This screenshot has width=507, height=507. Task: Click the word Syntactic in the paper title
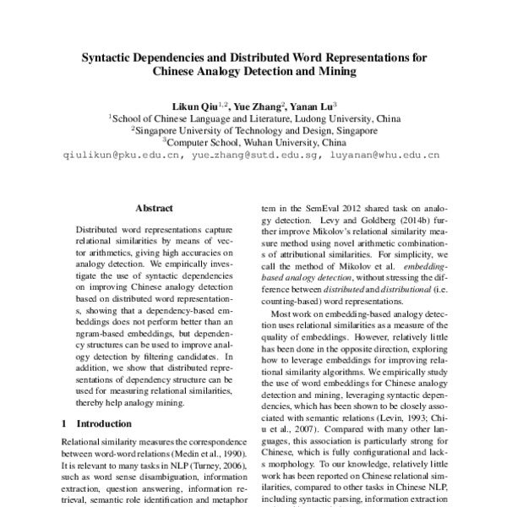click(106, 58)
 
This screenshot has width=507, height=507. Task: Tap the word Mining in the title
click(334, 73)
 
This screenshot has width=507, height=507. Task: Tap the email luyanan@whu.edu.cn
click(384, 156)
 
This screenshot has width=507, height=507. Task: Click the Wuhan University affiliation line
click(253, 144)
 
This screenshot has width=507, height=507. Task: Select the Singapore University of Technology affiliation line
click(253, 131)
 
